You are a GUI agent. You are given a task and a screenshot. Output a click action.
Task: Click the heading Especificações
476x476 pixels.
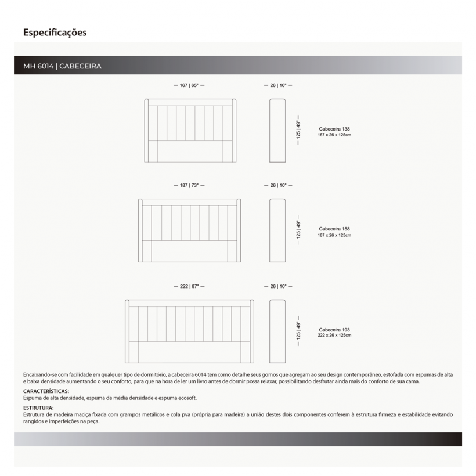point(55,33)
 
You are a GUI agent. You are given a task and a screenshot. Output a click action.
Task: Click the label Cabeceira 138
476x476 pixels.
point(334,129)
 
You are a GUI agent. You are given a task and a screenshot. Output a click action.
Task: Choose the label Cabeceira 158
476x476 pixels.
point(334,229)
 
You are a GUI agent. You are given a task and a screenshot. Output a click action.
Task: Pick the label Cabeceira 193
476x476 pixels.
point(334,329)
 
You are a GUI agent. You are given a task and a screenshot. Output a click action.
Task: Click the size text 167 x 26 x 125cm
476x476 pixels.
point(334,135)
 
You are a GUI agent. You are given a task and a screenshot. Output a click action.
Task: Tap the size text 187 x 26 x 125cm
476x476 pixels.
point(334,235)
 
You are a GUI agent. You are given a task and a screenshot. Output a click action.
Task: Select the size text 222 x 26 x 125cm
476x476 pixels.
point(334,335)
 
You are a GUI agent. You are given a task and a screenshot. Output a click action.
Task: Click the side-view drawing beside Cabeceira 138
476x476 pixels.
point(278,131)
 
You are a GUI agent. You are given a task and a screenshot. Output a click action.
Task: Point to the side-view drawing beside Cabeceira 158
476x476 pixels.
point(278,230)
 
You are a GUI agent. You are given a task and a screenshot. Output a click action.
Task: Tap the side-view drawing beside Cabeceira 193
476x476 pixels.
point(278,331)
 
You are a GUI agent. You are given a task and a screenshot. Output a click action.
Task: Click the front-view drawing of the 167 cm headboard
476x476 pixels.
point(190,131)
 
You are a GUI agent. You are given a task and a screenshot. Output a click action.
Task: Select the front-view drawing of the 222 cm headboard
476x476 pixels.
point(190,331)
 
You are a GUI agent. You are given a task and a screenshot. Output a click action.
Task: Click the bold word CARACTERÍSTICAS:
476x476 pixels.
point(46,392)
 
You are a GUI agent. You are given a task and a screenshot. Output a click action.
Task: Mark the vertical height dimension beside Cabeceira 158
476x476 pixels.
point(299,230)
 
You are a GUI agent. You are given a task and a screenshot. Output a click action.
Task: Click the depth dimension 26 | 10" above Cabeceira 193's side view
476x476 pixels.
point(278,287)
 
